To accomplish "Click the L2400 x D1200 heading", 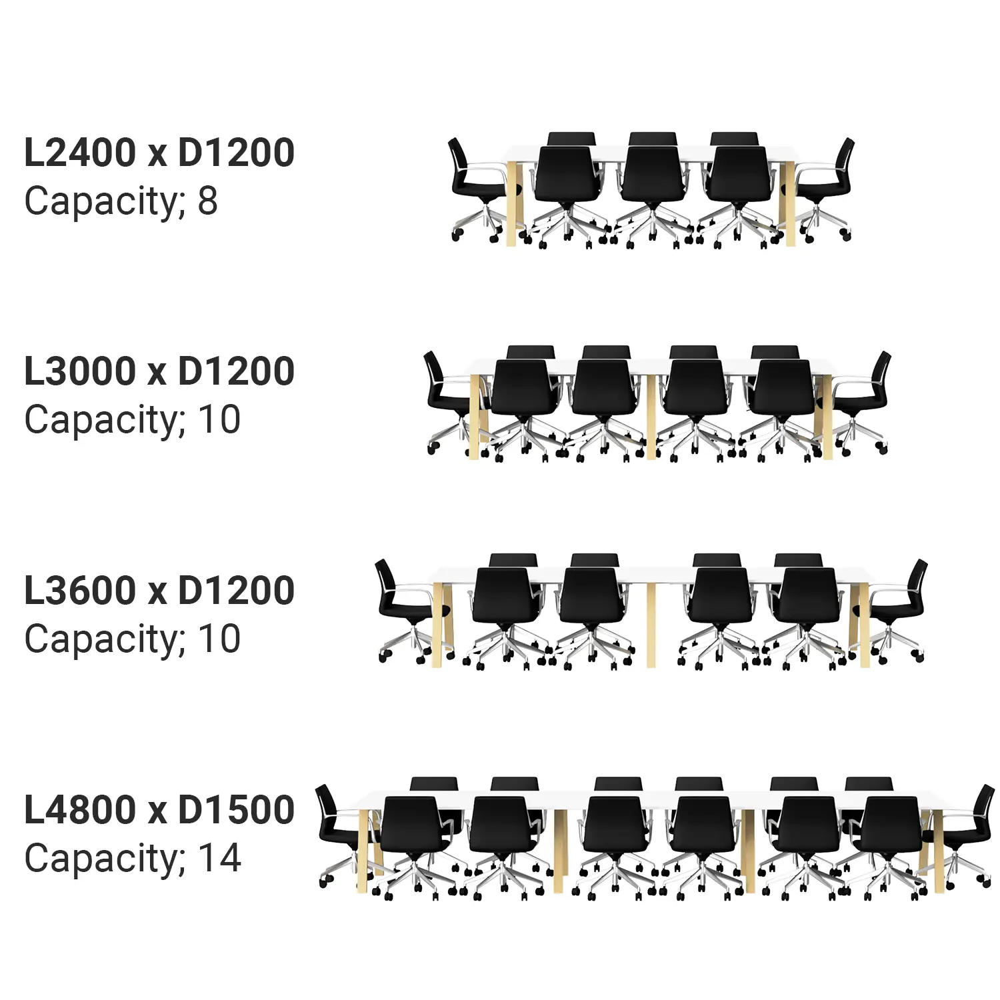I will (159, 153).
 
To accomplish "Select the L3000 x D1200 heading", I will (159, 371).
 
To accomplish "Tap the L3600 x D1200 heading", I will (159, 591).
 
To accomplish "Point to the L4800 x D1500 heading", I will (159, 809).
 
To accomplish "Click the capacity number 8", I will (207, 201).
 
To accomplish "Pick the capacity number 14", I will (219, 858).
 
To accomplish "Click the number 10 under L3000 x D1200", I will (219, 420).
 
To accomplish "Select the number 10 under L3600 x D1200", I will (219, 639).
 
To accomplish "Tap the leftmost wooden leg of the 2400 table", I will (512, 203).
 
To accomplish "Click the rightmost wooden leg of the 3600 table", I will (865, 627).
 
